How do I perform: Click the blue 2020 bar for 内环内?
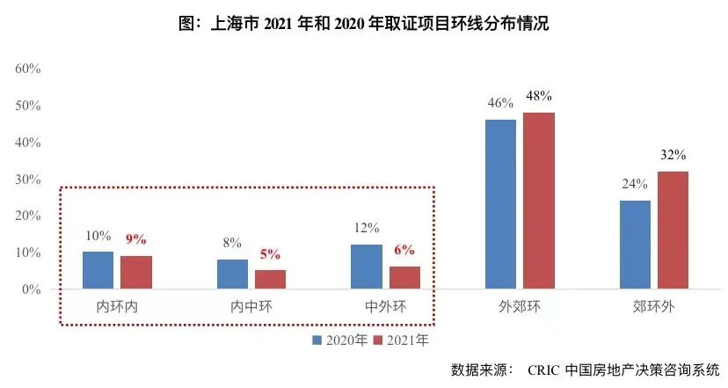pos(98,270)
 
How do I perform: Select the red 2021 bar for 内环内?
pos(136,272)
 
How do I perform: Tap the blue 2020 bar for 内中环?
pos(232,274)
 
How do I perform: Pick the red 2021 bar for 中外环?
pos(404,277)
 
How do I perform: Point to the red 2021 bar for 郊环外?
pos(673,230)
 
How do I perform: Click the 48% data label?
pos(539,96)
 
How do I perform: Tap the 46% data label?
pos(500,103)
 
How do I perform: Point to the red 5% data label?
pos(270,254)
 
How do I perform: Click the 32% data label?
pos(673,155)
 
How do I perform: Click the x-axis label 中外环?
pos(385,307)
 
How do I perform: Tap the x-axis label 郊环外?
pos(653,307)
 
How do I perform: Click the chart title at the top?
pos(363,24)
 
